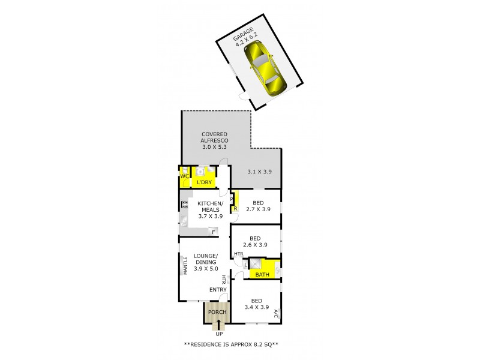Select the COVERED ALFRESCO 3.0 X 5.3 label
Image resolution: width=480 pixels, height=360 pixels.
click(215, 139)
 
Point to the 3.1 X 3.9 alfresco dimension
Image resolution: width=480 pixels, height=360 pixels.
click(260, 172)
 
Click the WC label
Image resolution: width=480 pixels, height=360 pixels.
click(184, 176)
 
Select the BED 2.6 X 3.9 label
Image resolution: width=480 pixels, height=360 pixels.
click(255, 241)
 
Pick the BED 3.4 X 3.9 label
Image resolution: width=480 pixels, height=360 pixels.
click(255, 304)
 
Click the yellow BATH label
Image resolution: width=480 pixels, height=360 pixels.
click(262, 275)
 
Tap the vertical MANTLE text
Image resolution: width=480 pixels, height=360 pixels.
click(185, 265)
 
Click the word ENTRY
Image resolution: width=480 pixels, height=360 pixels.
click(217, 290)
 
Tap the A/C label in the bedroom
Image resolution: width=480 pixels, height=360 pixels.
click(275, 313)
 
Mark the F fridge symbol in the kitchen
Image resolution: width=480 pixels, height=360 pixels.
click(213, 232)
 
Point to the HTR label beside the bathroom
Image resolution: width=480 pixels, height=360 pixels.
click(238, 254)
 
